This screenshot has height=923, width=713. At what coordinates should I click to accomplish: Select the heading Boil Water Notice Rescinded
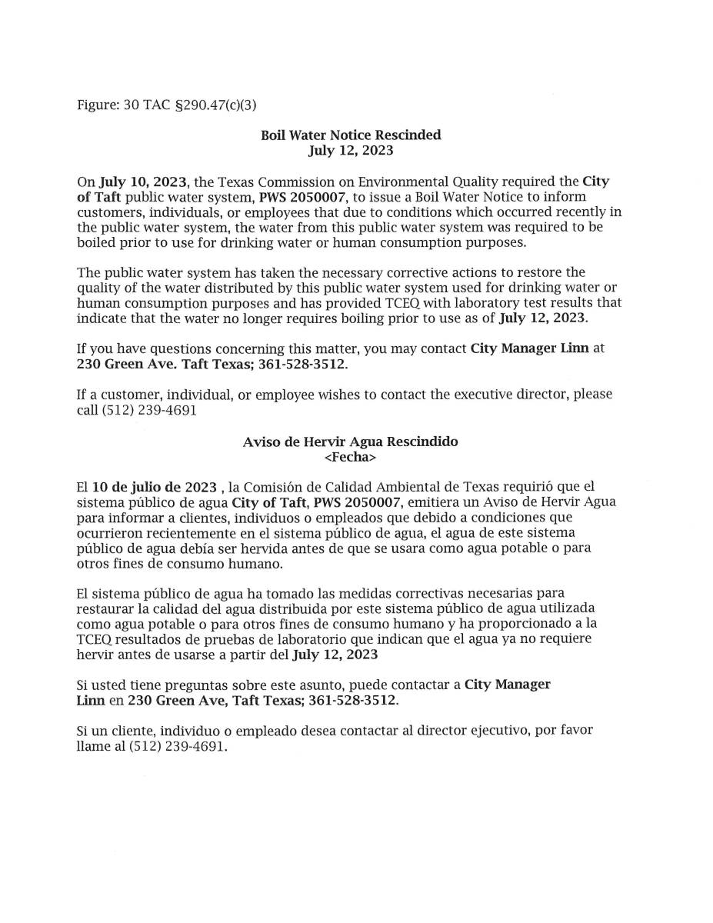[x=351, y=135]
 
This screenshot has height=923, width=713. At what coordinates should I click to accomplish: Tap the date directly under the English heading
[x=351, y=150]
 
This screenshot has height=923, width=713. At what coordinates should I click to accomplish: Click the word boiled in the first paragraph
[x=97, y=242]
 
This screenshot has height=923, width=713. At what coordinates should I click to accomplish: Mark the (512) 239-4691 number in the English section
[x=148, y=410]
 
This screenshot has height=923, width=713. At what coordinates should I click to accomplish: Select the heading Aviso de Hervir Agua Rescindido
[x=351, y=442]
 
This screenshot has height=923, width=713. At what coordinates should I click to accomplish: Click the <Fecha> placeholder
[x=351, y=457]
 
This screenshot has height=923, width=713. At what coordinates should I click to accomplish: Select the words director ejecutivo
[x=456, y=730]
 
